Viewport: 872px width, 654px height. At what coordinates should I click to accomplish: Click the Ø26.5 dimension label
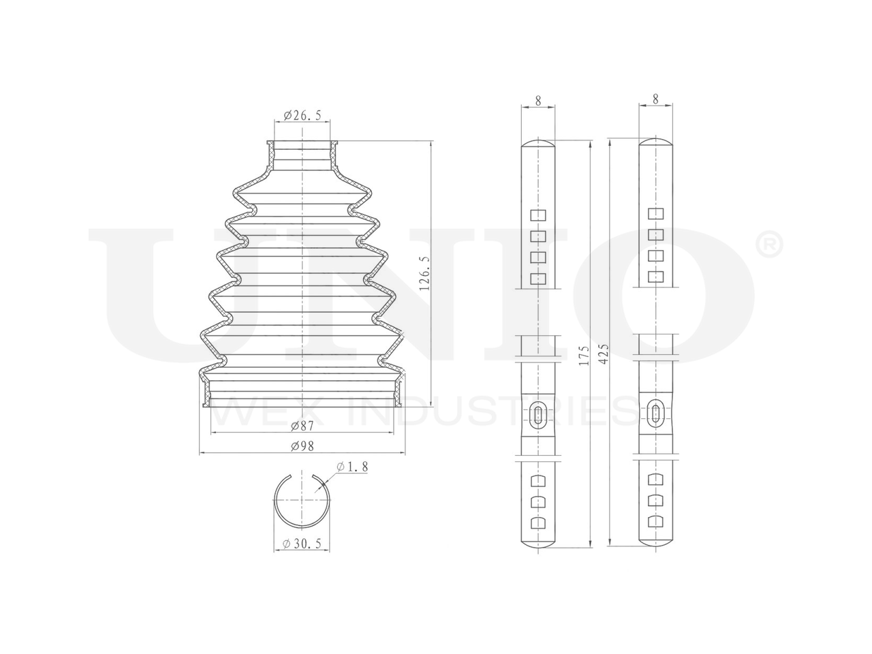(x=302, y=116)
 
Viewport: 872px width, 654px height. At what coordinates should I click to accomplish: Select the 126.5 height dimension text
(x=424, y=273)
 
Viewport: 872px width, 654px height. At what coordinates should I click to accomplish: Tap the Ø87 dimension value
(x=302, y=426)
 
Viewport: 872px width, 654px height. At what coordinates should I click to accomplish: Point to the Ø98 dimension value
(x=302, y=446)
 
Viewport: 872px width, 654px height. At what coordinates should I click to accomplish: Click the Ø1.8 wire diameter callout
(x=352, y=467)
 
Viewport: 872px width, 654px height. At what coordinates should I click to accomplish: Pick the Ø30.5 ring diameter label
(x=302, y=544)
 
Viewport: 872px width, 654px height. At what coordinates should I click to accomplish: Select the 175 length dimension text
(x=584, y=356)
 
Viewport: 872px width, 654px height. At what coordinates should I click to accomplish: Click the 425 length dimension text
(x=603, y=354)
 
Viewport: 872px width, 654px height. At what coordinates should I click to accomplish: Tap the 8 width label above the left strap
(x=538, y=101)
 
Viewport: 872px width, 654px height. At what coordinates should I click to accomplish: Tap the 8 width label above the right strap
(x=655, y=99)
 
